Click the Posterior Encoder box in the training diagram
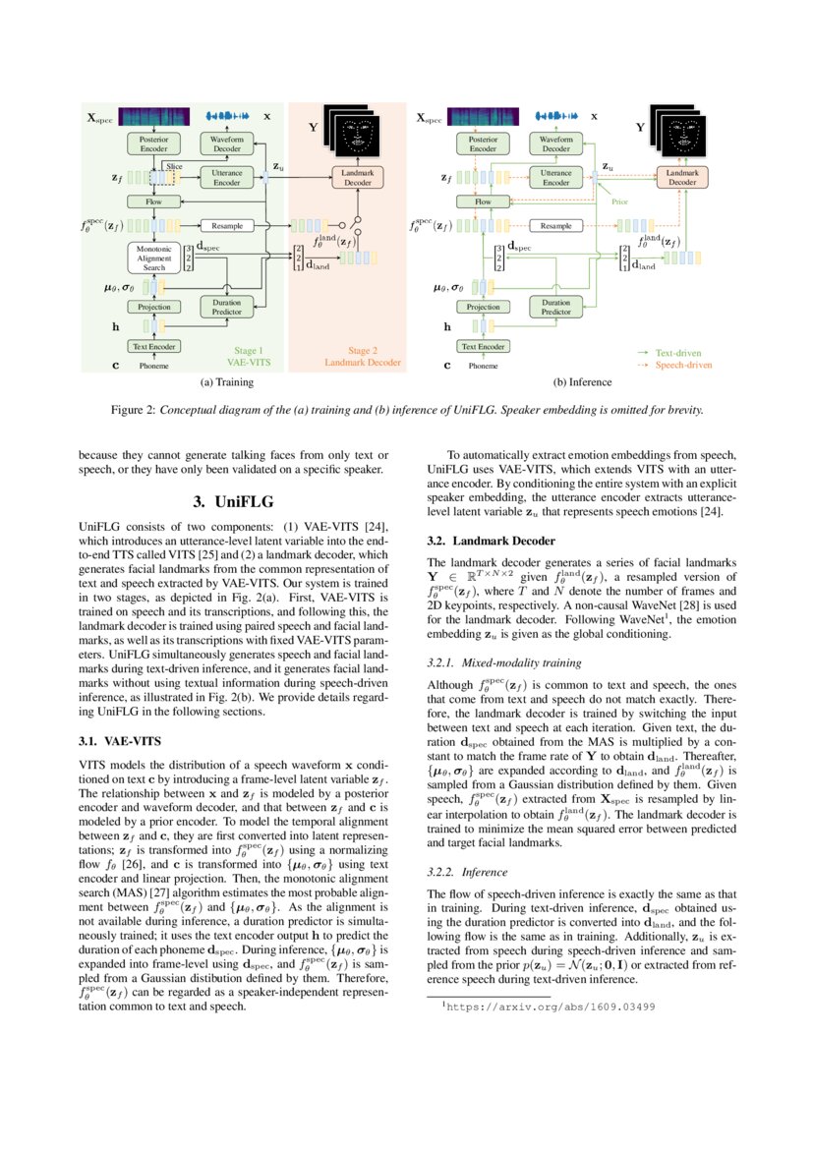(153, 144)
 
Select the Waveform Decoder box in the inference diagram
(555, 144)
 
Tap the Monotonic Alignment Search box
(153, 259)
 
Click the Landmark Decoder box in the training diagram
(357, 177)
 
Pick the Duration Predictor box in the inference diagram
(555, 308)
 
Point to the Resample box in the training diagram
(227, 226)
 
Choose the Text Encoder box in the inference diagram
(483, 346)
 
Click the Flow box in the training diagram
(153, 201)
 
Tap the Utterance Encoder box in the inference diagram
(555, 177)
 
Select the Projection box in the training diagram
(153, 308)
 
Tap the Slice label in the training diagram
(174, 167)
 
